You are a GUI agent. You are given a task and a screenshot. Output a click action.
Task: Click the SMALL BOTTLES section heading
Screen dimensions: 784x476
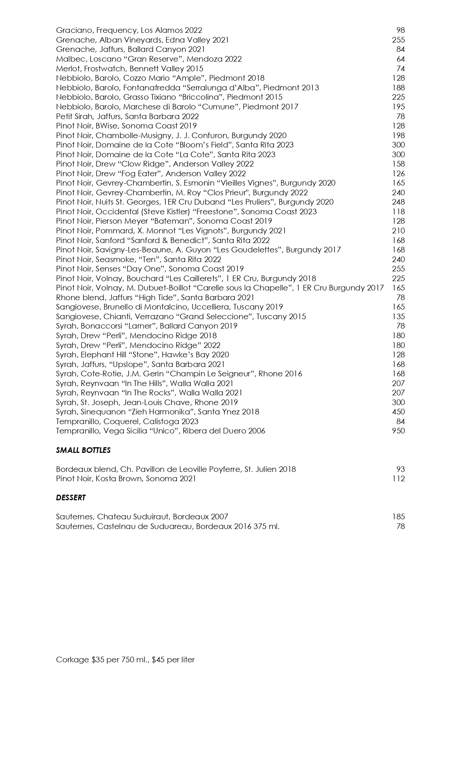point(83,450)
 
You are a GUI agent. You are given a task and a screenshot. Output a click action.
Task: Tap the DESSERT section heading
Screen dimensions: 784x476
point(71,498)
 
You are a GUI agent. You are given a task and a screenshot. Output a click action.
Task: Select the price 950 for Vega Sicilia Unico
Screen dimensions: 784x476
point(398,431)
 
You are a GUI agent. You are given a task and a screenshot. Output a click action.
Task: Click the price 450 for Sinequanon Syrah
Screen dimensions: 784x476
point(398,412)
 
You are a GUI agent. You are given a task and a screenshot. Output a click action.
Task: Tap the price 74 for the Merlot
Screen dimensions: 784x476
point(401,69)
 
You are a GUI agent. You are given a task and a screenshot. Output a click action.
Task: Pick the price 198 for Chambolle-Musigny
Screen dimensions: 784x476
point(398,136)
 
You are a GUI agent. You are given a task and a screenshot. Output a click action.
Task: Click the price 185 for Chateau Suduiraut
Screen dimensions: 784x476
point(398,517)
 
